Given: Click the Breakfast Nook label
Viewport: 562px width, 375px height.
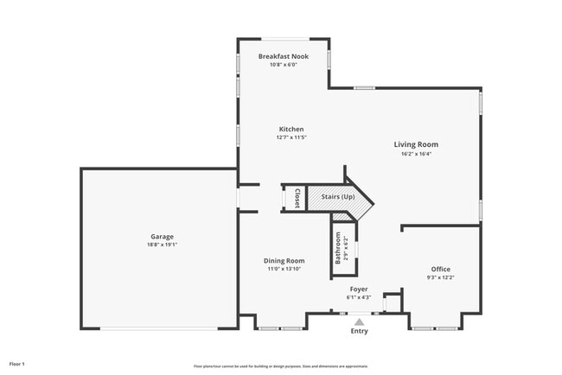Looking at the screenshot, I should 283,56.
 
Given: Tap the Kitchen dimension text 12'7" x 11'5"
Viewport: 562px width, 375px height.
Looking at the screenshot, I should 291,137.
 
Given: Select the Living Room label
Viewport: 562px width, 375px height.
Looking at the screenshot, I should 416,144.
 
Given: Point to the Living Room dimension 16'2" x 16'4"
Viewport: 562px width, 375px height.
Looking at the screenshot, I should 416,154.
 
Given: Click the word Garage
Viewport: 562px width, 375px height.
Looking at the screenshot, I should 162,236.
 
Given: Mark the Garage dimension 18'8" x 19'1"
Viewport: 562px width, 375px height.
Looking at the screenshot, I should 162,245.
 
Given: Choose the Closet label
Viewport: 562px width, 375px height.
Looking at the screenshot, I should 297,198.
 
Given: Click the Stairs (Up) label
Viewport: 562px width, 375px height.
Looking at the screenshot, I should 338,198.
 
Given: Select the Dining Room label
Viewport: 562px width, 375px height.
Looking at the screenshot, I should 284,260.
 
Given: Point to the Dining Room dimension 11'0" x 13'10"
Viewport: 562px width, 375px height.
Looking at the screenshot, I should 284,269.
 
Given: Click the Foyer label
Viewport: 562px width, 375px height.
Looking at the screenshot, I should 359,289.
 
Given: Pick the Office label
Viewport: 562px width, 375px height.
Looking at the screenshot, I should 441,269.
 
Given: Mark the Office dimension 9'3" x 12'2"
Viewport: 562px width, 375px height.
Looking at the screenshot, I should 441,277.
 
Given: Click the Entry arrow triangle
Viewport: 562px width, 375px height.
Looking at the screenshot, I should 359,321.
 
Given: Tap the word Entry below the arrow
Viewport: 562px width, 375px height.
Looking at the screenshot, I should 359,331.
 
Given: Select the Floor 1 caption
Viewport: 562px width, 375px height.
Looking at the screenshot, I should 18,364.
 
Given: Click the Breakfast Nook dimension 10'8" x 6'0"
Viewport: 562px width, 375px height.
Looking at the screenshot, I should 283,65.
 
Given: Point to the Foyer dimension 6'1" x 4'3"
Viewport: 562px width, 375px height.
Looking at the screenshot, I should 359,297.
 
